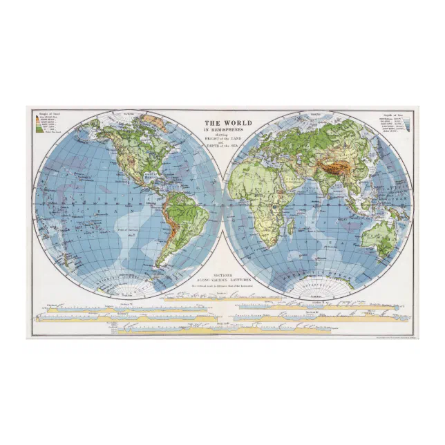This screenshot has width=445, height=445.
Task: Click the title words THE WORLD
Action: pos(227,123)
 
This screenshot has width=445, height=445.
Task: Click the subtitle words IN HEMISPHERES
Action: pos(227,130)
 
